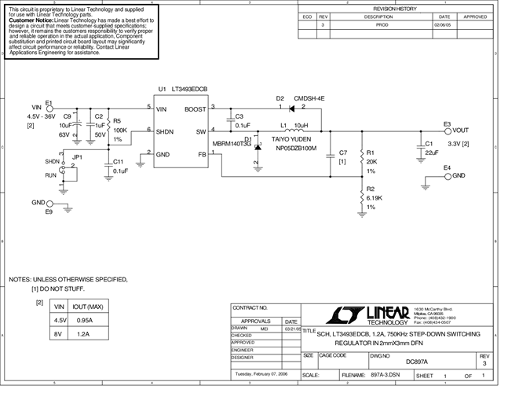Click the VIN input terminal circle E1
pos(51,109)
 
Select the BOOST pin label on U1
pos(196,110)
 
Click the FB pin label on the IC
pos(202,155)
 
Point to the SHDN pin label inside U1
pos(166,132)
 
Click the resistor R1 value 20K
pos(372,162)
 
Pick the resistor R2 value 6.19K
pos(375,199)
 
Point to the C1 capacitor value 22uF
pos(431,152)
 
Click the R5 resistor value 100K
pos(120,130)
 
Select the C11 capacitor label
pos(119,161)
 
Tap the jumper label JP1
pos(76,157)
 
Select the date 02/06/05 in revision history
pos(444,25)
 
